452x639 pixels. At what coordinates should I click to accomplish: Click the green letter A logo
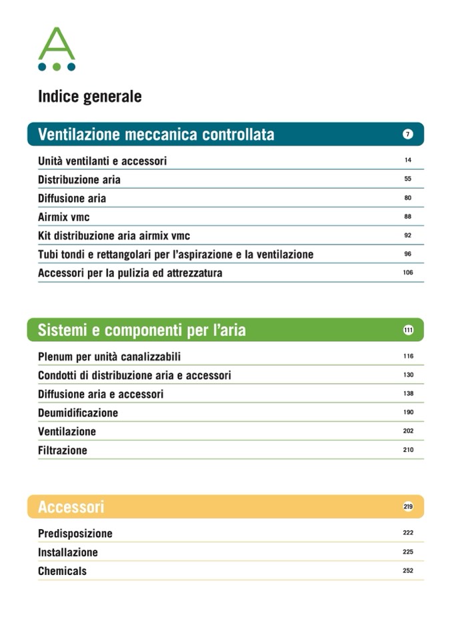pos(57,48)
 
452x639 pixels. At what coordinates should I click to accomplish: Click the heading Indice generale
pos(89,97)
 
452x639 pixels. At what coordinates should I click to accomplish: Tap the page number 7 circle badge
pos(408,135)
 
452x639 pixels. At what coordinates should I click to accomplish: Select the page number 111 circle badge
pos(408,330)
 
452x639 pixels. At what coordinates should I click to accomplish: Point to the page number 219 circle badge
pos(408,507)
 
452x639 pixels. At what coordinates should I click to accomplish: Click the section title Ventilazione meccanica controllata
pos(156,135)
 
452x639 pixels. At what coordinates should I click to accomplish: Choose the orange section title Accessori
pos(71,507)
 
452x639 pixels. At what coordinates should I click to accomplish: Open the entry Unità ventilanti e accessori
pos(102,161)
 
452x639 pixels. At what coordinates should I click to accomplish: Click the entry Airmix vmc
pos(63,217)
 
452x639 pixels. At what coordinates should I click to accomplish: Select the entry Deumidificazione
pos(78,413)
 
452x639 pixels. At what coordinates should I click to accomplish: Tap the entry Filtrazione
pos(63,450)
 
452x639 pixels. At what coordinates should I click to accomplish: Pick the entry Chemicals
pos(62,571)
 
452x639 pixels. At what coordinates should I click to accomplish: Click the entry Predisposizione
pos(75,534)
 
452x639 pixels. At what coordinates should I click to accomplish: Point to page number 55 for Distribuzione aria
pos(408,179)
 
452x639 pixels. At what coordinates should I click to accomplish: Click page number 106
pos(408,273)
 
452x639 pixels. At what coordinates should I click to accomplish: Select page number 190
pos(408,412)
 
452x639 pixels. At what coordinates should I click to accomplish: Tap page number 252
pos(408,570)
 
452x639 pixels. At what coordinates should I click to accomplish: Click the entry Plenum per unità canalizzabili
pos(109,357)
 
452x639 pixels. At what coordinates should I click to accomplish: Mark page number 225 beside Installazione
pos(408,552)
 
